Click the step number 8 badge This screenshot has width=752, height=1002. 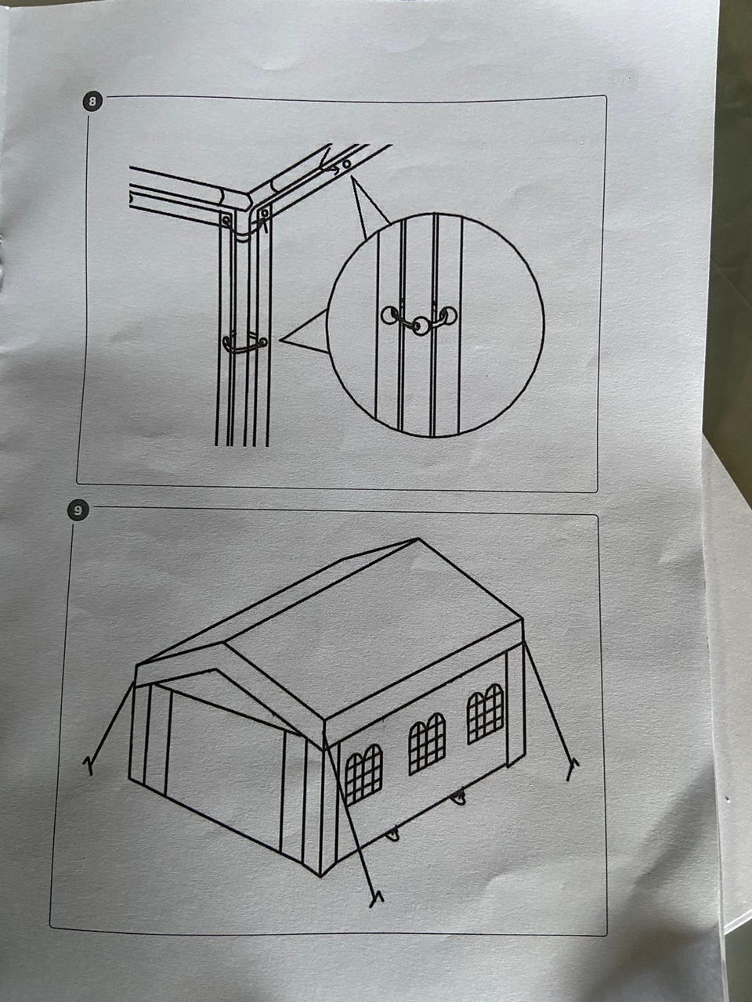click(x=92, y=101)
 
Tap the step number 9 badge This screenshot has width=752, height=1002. click(x=78, y=511)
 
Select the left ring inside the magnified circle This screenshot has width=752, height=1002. click(x=389, y=315)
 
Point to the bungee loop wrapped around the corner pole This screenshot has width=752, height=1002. click(x=244, y=344)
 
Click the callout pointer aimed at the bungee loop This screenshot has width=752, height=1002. click(x=305, y=331)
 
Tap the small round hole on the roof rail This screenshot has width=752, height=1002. click(x=346, y=163)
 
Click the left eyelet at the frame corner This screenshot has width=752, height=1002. click(x=226, y=221)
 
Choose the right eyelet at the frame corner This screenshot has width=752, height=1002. click(x=264, y=213)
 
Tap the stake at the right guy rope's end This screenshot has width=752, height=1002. click(x=572, y=769)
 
